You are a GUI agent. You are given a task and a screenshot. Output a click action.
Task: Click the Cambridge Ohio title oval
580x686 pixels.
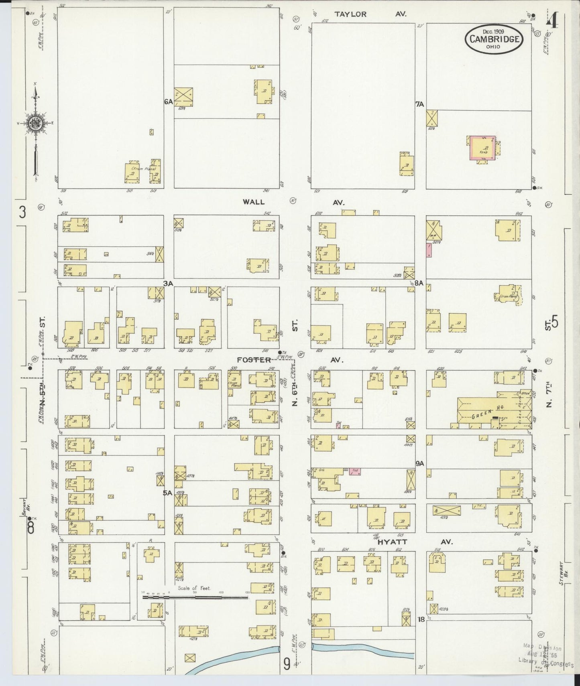pos(495,39)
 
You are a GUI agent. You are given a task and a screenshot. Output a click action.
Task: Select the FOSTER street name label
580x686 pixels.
pos(254,360)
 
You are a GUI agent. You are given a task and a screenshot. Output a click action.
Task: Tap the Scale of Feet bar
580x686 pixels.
pos(195,597)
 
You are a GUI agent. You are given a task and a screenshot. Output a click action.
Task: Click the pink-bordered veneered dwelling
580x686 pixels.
pos(482,148)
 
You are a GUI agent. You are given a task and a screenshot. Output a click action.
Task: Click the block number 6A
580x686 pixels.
pos(168,102)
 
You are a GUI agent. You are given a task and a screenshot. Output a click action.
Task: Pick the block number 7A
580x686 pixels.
pos(420,104)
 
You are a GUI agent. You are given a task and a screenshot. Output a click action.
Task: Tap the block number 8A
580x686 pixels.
pos(419,283)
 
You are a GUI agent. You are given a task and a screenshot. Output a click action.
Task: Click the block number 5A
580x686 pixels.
pos(167,493)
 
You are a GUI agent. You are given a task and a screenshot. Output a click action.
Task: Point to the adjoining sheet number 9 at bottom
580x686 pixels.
pos(287,665)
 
